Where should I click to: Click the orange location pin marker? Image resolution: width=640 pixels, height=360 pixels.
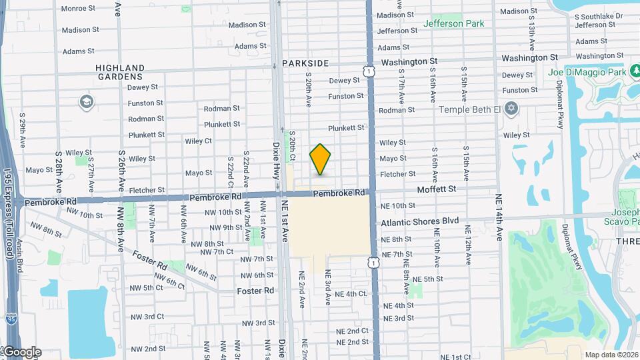pyautogui.click(x=321, y=159)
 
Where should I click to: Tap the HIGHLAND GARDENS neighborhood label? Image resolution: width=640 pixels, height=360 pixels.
pyautogui.click(x=120, y=72)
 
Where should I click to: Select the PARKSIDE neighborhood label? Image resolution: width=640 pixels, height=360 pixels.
pyautogui.click(x=305, y=63)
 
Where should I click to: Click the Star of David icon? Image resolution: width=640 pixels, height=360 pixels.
pyautogui.click(x=512, y=109)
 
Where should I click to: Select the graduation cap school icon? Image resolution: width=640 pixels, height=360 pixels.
pyautogui.click(x=86, y=102)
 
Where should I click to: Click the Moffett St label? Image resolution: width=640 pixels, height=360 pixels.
pyautogui.click(x=437, y=189)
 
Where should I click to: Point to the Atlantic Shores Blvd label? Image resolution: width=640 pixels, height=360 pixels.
pyautogui.click(x=420, y=221)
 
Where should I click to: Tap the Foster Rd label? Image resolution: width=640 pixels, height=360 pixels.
pyautogui.click(x=255, y=291)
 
